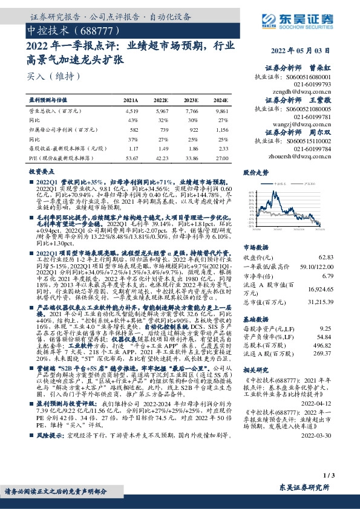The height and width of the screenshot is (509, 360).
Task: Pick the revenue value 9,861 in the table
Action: [x=221, y=111]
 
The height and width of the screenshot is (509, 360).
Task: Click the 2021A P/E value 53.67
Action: [x=131, y=158]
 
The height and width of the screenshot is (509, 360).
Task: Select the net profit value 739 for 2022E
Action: [x=161, y=129]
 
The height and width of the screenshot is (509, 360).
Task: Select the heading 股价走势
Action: [x=255, y=173]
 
